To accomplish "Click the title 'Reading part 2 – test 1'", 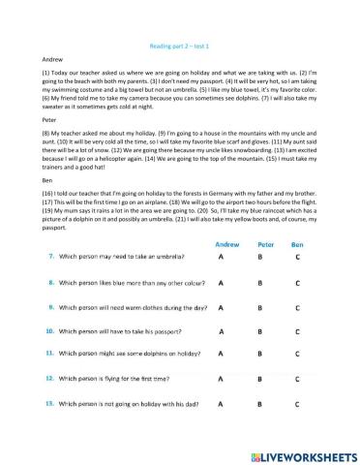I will coord(181,46).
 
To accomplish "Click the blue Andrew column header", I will coord(226,245).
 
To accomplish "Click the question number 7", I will coord(51,258).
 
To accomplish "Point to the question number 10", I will coord(51,330).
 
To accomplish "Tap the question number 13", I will coord(51,402).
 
